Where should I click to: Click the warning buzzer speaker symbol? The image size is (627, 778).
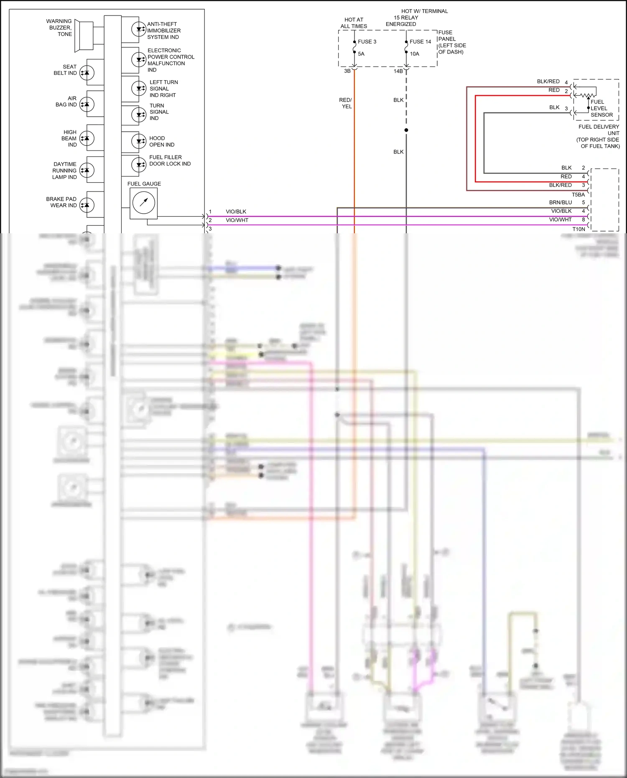tap(83, 36)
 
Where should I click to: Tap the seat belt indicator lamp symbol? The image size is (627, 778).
tap(87, 73)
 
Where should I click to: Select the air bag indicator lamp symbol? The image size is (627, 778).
tap(87, 104)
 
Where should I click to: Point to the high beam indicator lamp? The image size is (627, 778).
tap(87, 138)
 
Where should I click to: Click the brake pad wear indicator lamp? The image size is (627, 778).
tap(87, 205)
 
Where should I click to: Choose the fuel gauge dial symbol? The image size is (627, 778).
tap(144, 203)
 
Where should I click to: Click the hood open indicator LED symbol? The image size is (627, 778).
tap(139, 141)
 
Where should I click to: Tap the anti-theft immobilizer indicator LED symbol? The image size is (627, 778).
tap(139, 29)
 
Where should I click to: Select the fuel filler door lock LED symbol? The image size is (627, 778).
tap(139, 165)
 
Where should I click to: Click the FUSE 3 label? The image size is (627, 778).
tap(367, 42)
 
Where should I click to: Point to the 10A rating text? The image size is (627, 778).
tap(414, 54)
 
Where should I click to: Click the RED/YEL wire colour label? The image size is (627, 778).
tap(346, 103)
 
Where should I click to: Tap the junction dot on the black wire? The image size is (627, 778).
tap(406, 130)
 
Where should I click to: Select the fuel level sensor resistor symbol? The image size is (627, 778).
tap(588, 96)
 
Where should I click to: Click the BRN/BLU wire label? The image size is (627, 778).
tap(561, 202)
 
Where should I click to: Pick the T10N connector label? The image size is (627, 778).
tap(579, 229)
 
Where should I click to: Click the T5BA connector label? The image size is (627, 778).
tap(578, 195)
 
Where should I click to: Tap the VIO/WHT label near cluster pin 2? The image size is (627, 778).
tap(237, 220)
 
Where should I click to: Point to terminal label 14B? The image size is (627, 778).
tap(398, 71)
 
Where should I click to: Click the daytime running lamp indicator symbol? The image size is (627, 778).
tap(87, 170)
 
